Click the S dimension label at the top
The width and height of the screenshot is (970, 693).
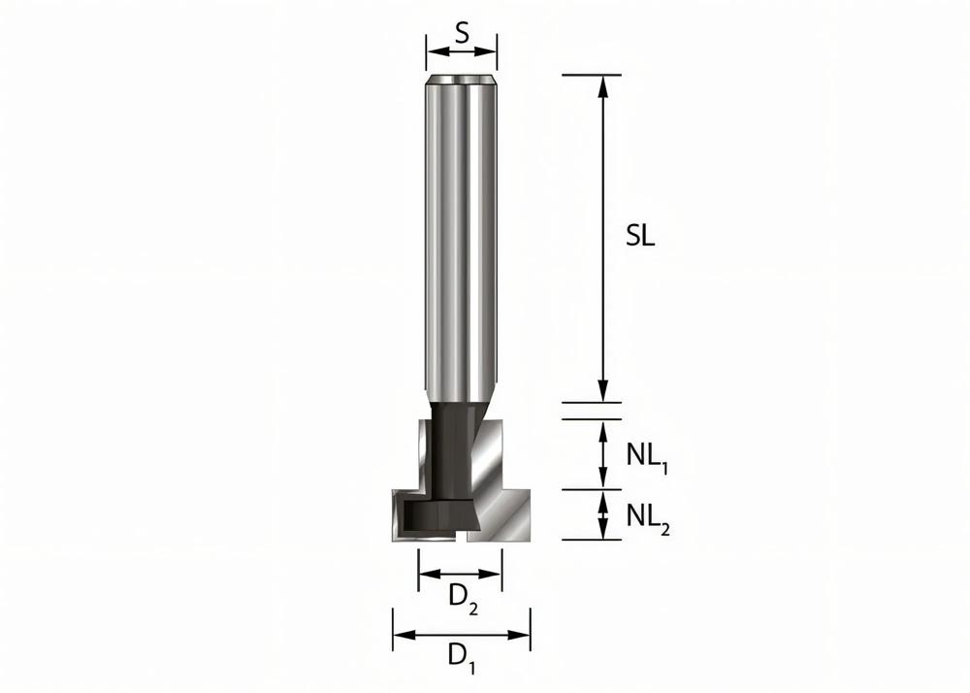tap(462, 33)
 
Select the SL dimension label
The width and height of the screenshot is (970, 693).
tap(640, 236)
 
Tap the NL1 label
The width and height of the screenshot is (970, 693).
tap(649, 456)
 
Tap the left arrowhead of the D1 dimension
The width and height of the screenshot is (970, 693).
tap(400, 636)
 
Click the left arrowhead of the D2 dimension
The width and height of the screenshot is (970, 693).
tap(426, 574)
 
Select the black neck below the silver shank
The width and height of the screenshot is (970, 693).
tap(453, 446)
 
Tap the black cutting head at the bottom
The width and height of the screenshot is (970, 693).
tap(436, 514)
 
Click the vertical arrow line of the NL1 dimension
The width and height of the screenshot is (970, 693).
tap(603, 454)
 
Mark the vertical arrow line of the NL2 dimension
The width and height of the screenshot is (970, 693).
tap(603, 514)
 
